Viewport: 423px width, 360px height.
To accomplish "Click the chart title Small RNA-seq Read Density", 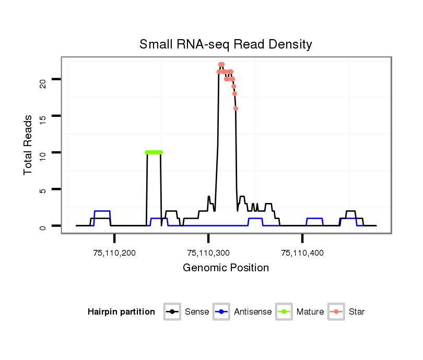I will pos(226,44).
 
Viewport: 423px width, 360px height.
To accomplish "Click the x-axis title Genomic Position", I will pos(226,268).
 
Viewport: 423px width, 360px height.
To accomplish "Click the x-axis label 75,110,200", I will pos(114,254).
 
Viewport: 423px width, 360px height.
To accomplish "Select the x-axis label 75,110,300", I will pos(208,254).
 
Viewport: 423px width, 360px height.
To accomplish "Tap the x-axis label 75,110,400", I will pos(302,254).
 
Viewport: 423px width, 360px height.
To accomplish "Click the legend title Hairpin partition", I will pos(121,312).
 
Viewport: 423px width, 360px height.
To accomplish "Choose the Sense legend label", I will pos(197,312).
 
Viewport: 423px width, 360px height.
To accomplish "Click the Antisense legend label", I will pos(253,312).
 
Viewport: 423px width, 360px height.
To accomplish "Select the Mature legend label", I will pos(310,312).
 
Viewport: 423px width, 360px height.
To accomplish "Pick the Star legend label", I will pos(357,312).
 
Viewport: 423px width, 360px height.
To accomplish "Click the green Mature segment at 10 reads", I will pos(154,152).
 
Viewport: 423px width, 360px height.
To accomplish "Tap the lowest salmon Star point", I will pos(236,108).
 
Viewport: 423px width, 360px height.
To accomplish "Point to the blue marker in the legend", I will pos(221,312).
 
